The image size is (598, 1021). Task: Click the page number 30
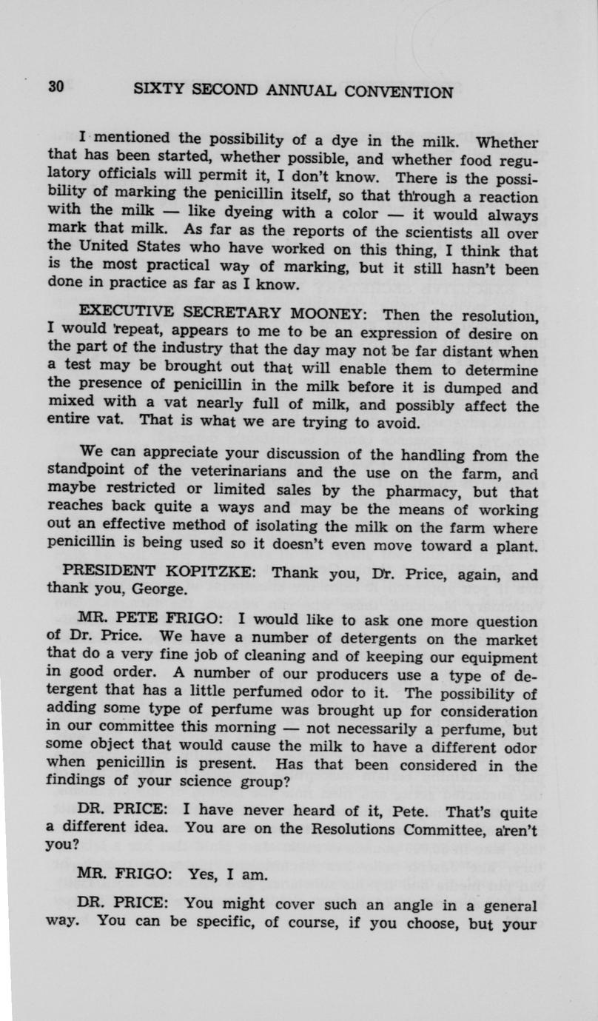[58, 86]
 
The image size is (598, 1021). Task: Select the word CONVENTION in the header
[399, 92]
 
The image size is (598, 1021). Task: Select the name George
[164, 590]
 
